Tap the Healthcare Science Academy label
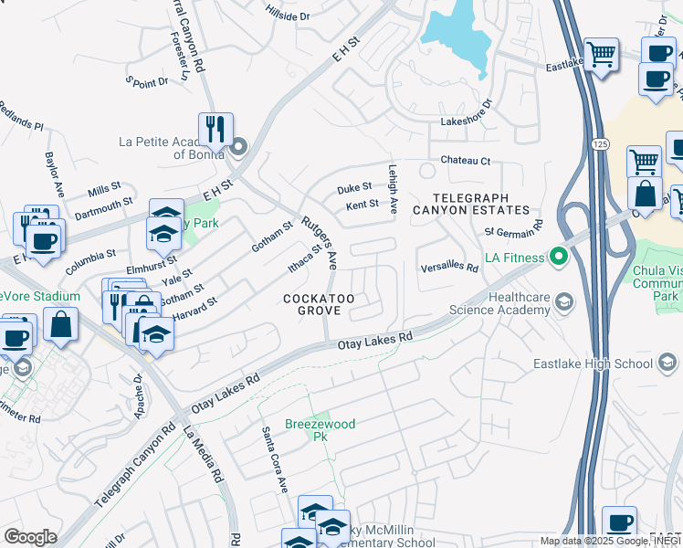pos(500,303)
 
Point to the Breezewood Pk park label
pos(320,430)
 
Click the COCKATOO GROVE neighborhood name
pos(319,305)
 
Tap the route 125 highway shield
pos(599,144)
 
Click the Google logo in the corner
pos(29,536)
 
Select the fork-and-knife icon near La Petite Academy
pos(215,129)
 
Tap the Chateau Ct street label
pos(466,161)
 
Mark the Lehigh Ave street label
pos(393,190)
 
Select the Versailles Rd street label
pos(449,269)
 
